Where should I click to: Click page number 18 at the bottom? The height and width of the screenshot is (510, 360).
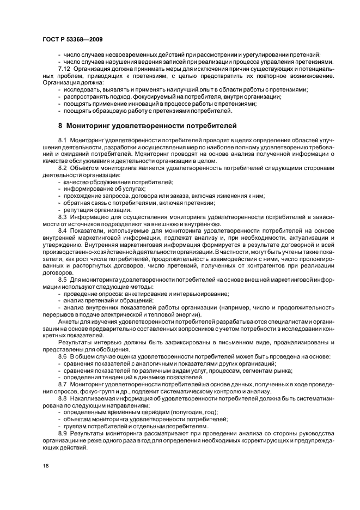point(46,466)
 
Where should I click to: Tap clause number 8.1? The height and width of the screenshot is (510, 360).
point(62,141)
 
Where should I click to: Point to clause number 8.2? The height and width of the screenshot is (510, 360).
point(62,168)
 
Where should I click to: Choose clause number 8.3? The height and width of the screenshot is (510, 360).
point(62,217)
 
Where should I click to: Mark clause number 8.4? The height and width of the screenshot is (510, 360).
point(62,232)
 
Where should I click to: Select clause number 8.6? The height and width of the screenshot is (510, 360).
point(62,356)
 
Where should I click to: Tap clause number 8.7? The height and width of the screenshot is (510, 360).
point(62,385)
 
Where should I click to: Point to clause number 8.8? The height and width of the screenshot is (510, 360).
point(62,399)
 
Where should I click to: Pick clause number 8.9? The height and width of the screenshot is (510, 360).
point(62,433)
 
